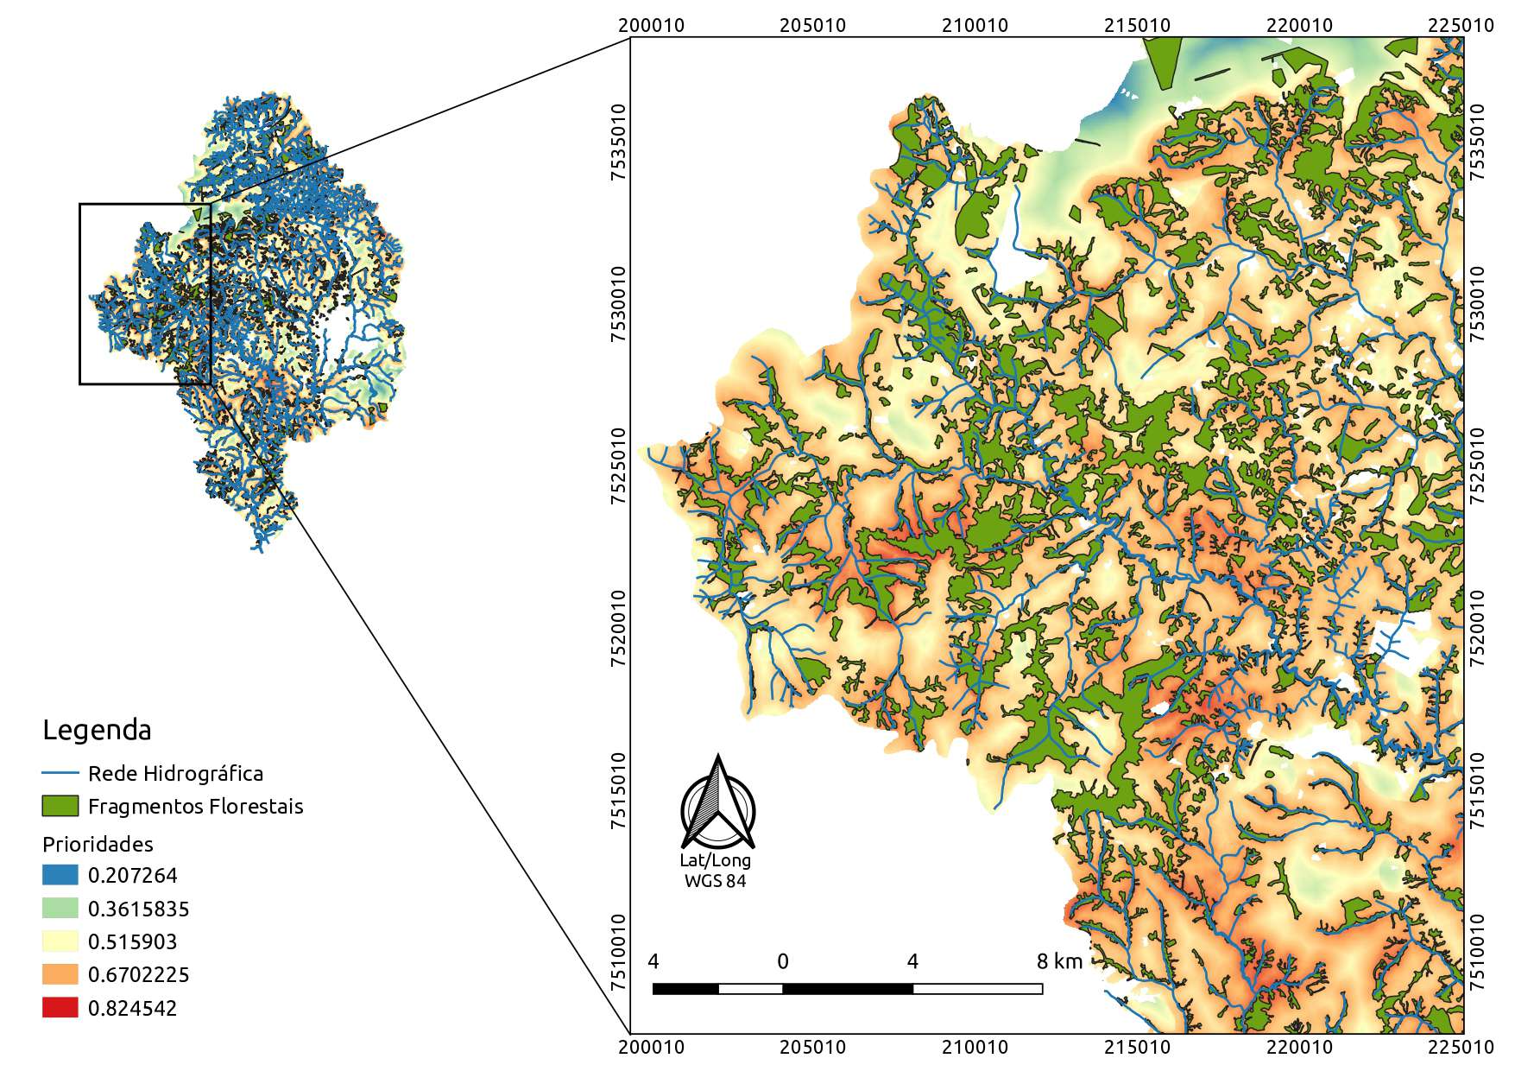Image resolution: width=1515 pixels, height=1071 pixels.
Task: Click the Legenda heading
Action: tap(97, 730)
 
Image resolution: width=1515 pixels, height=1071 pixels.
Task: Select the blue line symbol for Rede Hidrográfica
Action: tap(60, 773)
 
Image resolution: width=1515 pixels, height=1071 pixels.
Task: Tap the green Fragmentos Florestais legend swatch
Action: tap(60, 806)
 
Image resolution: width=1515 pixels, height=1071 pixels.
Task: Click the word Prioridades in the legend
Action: tap(98, 844)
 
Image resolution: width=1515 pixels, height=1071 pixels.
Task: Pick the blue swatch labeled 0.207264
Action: tap(60, 875)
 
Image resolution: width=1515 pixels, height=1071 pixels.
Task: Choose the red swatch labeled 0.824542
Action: tap(60, 1008)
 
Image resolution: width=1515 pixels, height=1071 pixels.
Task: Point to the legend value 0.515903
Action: tap(132, 941)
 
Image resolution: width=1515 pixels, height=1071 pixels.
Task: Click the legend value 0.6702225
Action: tap(138, 974)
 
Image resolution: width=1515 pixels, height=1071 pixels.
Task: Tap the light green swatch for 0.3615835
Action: tap(60, 909)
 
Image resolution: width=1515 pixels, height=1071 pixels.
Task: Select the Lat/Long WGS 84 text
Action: tap(715, 871)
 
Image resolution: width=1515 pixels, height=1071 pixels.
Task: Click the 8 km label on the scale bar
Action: tap(1059, 961)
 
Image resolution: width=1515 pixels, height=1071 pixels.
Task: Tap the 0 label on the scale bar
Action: tap(782, 961)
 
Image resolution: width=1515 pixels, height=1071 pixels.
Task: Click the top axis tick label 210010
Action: tap(975, 25)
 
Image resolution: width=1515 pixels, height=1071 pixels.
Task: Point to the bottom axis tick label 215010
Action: tap(1137, 1048)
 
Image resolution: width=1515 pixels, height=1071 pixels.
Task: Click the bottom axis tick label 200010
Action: tap(652, 1048)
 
